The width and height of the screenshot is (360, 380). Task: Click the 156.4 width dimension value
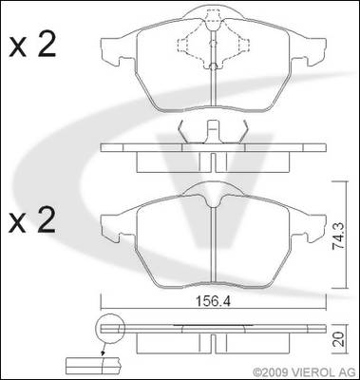tap(213, 301)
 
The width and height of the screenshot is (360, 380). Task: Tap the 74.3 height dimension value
tap(339, 237)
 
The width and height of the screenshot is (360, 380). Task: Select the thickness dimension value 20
tap(339, 339)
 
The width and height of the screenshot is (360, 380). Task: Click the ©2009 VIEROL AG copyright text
tap(305, 371)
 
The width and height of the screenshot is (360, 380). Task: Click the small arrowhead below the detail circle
tap(103, 353)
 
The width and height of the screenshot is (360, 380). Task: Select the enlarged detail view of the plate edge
tap(93, 367)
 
